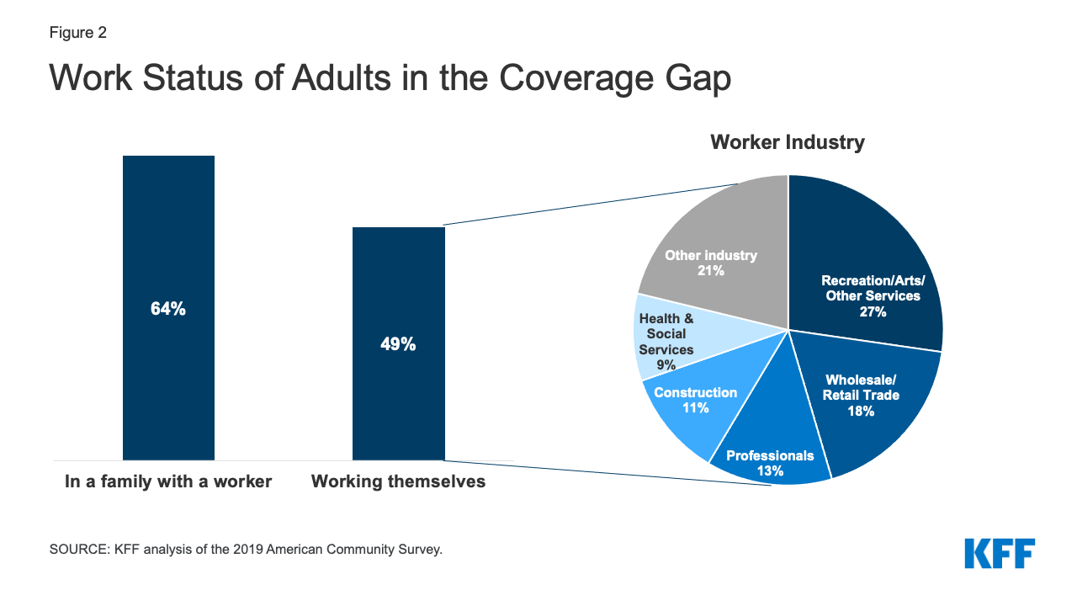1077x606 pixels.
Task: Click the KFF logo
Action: click(x=1000, y=554)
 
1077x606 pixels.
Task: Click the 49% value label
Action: click(x=398, y=344)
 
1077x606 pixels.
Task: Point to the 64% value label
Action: click(x=168, y=309)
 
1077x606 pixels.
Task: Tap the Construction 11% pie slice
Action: click(x=686, y=412)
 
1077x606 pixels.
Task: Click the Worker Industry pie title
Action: click(x=787, y=142)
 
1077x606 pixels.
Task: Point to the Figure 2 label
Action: click(x=77, y=33)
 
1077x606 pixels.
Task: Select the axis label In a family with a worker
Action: click(x=168, y=482)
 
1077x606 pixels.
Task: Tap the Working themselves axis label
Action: click(x=398, y=482)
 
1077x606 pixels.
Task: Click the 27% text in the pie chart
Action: click(x=871, y=311)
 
